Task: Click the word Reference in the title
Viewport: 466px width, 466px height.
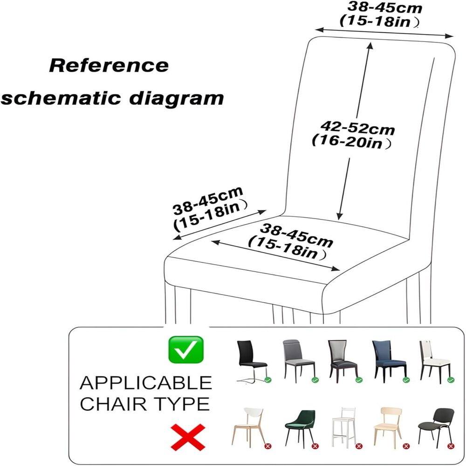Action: [x=109, y=65]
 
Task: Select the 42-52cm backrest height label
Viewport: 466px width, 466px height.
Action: [x=357, y=129]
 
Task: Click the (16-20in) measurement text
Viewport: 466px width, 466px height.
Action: [x=351, y=142]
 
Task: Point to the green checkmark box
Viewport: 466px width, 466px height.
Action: [x=186, y=349]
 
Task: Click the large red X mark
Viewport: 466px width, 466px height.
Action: [x=188, y=437]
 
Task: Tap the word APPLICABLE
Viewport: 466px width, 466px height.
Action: [x=145, y=383]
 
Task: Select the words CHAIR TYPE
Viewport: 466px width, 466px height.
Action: [x=145, y=404]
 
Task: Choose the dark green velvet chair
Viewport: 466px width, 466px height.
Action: [x=300, y=427]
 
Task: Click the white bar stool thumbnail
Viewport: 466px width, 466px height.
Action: [x=344, y=427]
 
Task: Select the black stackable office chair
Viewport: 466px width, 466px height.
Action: [x=436, y=425]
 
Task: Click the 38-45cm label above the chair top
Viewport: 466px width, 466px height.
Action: [x=385, y=7]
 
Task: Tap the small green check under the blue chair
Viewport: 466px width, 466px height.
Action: [x=406, y=379]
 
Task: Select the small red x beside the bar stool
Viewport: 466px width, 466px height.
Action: [x=359, y=446]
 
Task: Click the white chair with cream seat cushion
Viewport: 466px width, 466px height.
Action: [x=435, y=361]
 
